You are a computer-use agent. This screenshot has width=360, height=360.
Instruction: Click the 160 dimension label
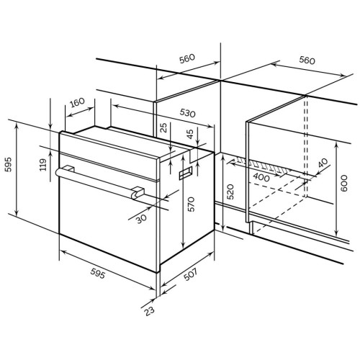click(x=77, y=102)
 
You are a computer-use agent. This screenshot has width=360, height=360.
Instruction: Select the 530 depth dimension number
click(x=187, y=113)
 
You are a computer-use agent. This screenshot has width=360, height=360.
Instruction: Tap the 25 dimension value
click(x=163, y=127)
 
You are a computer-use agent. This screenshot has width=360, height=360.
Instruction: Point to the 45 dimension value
click(x=190, y=134)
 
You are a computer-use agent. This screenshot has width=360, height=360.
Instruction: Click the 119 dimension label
click(x=43, y=165)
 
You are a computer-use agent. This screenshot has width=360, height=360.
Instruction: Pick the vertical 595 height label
click(x=9, y=165)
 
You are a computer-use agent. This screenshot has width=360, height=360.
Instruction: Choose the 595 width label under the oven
click(x=98, y=274)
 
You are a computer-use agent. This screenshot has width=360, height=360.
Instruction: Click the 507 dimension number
click(x=190, y=274)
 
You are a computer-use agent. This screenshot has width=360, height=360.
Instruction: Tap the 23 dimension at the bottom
click(x=149, y=311)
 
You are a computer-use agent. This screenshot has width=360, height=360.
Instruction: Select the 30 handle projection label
click(x=141, y=219)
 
